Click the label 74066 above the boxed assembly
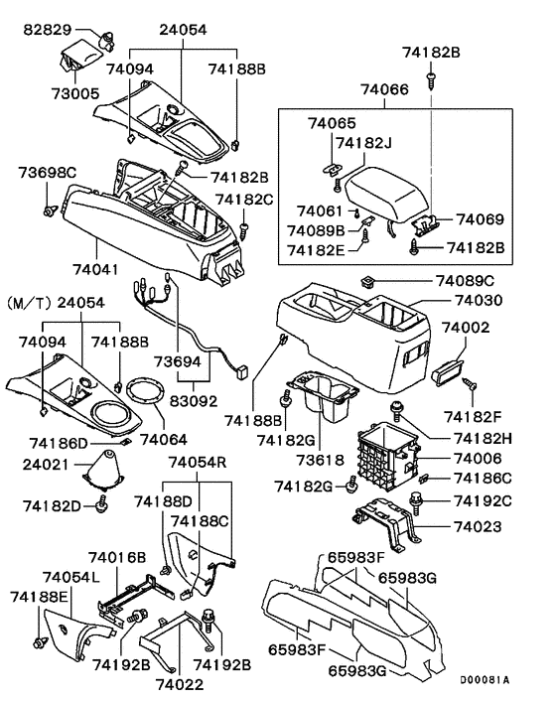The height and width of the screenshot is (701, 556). (384, 89)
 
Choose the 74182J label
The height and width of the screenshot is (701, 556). (364, 143)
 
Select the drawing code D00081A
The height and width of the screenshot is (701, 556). (486, 680)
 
